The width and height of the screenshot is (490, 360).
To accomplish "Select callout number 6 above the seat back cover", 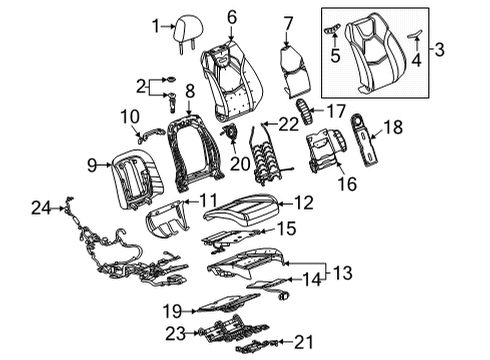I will tap(232, 17).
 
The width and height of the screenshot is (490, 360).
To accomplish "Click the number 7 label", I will tap(288, 23).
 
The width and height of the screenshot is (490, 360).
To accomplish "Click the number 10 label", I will tap(129, 118).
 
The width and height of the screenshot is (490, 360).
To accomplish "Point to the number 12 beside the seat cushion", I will tap(304, 203).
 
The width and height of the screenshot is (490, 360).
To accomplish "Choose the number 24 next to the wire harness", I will tap(38, 208).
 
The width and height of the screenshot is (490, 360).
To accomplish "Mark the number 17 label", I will tap(337, 110).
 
